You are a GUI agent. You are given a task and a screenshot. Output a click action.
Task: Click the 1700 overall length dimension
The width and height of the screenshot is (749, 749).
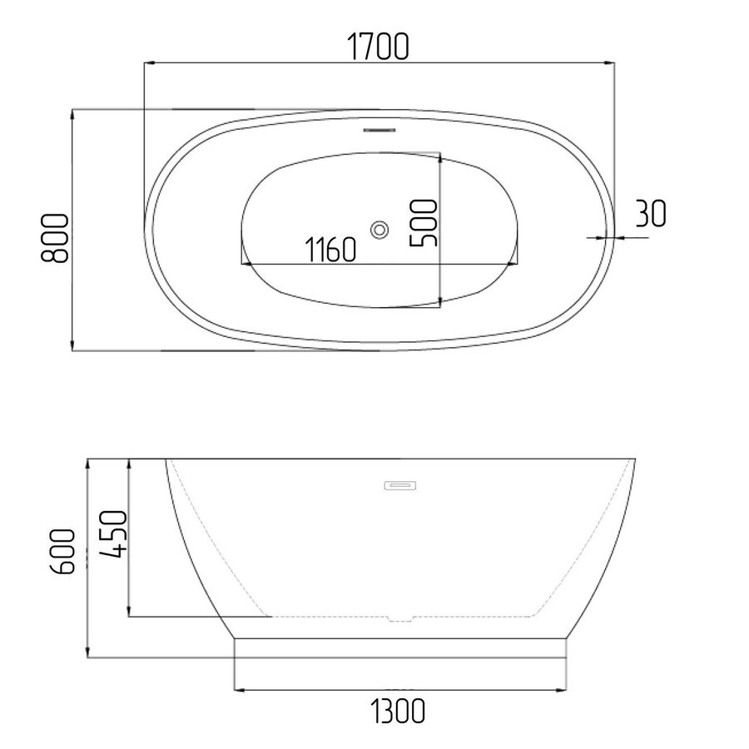coord(377,47)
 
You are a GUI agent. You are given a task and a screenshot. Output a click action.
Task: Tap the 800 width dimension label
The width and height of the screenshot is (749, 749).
coord(54,238)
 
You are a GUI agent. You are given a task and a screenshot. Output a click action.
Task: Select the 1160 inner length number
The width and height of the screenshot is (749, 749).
coord(330,250)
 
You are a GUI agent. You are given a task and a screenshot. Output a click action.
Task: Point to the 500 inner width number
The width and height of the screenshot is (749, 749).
coord(424,223)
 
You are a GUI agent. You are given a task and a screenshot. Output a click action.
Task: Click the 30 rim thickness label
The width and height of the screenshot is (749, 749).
coord(651,214)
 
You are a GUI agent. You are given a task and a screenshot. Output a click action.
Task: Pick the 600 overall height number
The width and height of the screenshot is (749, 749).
coord(62,551)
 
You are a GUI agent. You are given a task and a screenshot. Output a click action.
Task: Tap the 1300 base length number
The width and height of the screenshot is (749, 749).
coord(398,712)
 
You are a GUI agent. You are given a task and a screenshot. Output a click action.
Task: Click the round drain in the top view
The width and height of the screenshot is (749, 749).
coord(379,231)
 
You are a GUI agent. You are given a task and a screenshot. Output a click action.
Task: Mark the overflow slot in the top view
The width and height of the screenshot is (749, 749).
coord(379,130)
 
